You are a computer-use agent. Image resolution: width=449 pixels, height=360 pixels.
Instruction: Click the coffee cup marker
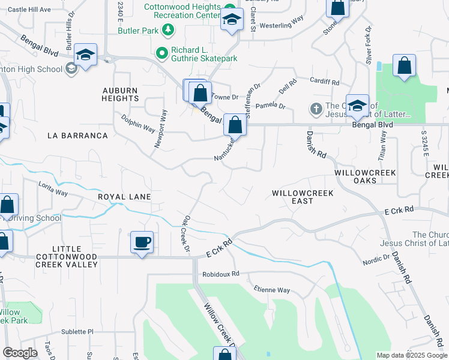142,243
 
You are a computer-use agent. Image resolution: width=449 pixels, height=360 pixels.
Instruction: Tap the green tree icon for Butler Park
169,29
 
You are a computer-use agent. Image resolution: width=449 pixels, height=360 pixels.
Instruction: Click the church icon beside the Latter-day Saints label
316,109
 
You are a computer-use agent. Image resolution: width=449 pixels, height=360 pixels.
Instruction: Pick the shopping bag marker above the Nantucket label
235,125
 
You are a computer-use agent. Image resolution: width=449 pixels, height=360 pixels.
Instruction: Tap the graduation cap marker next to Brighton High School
86,56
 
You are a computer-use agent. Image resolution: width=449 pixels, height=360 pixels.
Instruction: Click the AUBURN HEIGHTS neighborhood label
120,94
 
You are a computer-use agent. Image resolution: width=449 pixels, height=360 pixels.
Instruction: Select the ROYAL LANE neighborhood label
124,197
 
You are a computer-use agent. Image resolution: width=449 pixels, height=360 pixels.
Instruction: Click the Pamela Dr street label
270,106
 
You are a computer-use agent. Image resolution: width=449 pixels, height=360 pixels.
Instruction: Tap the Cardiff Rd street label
325,82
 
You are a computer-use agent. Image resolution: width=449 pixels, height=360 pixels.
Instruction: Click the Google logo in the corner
20,353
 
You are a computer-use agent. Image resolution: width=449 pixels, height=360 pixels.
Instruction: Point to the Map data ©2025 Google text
411,355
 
